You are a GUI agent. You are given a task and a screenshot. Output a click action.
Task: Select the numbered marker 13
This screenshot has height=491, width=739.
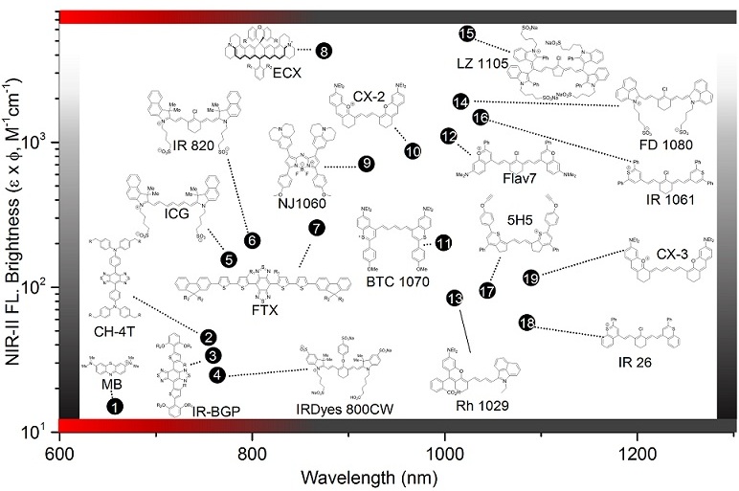(x=455, y=299)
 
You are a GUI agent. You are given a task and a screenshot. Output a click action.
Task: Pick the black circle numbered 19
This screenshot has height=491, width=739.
(x=531, y=278)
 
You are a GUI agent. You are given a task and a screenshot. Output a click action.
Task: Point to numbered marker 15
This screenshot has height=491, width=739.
(x=467, y=34)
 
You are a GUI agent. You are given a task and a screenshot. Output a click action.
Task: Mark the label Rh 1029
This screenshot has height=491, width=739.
(x=475, y=406)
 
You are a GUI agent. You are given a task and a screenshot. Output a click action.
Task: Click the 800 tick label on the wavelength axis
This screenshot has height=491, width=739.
(x=252, y=452)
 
